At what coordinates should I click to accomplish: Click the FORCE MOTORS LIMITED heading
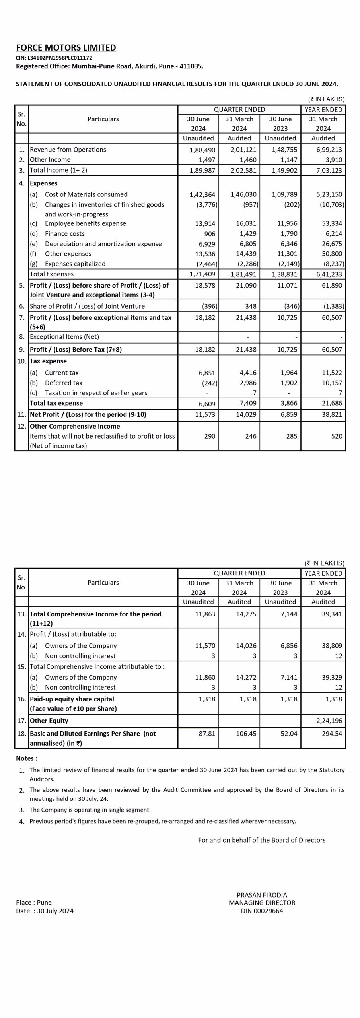coord(66,48)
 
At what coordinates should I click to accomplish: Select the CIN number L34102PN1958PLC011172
coord(54,58)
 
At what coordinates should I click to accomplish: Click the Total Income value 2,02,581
coord(243,170)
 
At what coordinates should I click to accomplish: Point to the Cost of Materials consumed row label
coord(86,194)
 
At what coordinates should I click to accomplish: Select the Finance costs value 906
coord(209,234)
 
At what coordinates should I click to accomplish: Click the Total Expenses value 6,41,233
coord(329,274)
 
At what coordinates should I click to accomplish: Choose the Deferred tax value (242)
coord(209,383)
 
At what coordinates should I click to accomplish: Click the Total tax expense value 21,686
coord(332,403)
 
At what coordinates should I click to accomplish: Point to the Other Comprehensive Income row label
coord(75,426)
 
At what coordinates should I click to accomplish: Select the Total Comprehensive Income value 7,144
coord(289,614)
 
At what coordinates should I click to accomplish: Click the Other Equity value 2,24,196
coord(329,721)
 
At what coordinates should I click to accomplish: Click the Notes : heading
coord(27,758)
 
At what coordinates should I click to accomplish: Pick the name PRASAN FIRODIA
coord(262,895)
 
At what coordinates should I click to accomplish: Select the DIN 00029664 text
coord(262,911)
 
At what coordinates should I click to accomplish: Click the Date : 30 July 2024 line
coord(45,911)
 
